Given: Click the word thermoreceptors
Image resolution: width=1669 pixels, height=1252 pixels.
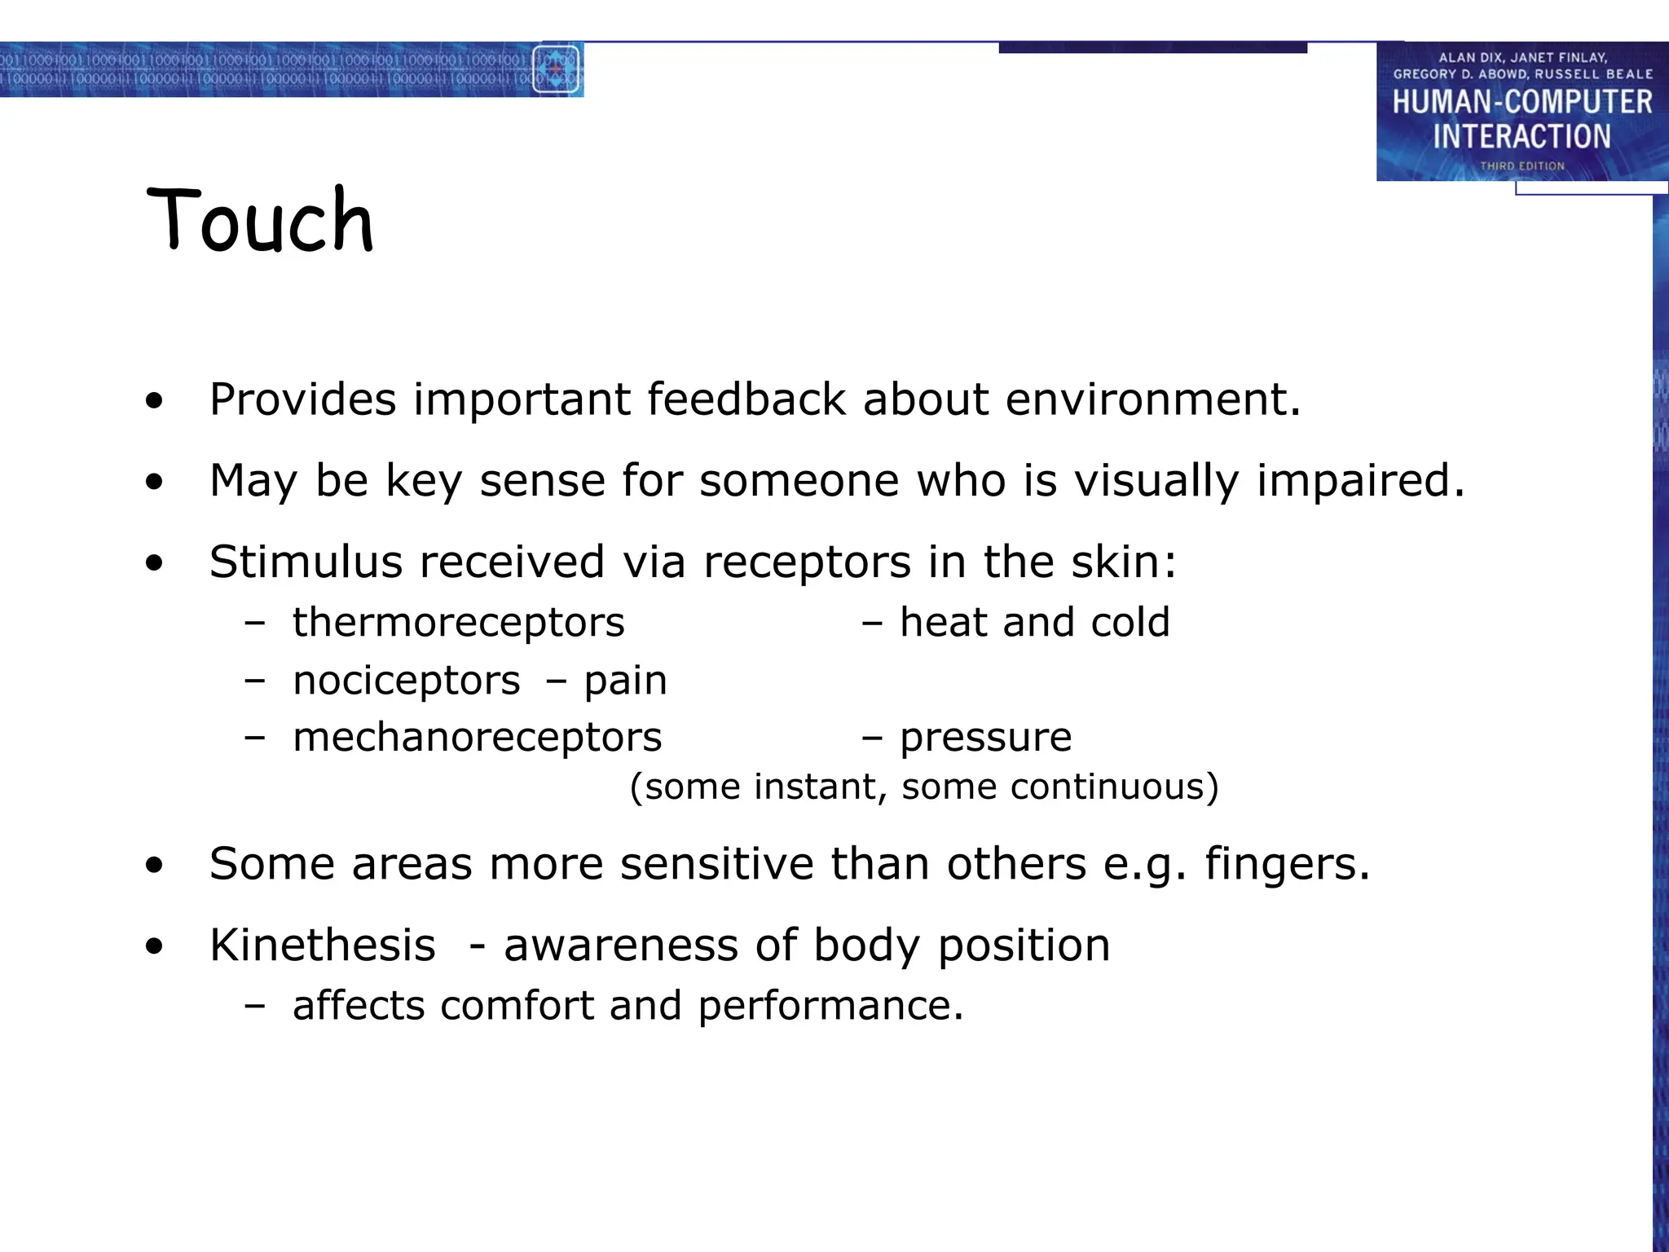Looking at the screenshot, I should pyautogui.click(x=458, y=623).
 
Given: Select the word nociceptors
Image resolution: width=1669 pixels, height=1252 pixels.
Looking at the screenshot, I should pyautogui.click(x=406, y=681).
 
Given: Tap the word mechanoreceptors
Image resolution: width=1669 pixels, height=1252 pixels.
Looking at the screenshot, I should pyautogui.click(x=477, y=738).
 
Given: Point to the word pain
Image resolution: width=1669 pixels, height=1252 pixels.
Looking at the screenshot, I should pyautogui.click(x=625, y=681).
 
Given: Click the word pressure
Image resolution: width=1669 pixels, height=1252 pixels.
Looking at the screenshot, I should pyautogui.click(x=985, y=738).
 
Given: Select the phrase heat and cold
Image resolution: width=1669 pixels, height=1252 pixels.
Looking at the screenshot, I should pyautogui.click(x=1034, y=623).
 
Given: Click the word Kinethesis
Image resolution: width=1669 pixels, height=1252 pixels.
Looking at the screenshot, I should pyautogui.click(x=322, y=946).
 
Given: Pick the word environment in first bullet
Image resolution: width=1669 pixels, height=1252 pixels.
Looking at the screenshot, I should pyautogui.click(x=1152, y=399).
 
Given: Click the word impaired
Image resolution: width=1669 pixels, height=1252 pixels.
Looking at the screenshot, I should pyautogui.click(x=1360, y=480).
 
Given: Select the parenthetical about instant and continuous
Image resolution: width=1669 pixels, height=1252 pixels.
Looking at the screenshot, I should pyautogui.click(x=923, y=787).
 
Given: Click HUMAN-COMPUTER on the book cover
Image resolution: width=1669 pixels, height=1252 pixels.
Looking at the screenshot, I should pyautogui.click(x=1521, y=103).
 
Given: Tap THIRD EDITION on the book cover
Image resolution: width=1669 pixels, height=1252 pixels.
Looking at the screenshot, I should pyautogui.click(x=1521, y=166).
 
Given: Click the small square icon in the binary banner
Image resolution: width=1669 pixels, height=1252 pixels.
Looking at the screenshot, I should pyautogui.click(x=557, y=69).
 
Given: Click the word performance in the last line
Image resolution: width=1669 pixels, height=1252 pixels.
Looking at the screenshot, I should pyautogui.click(x=830, y=1006).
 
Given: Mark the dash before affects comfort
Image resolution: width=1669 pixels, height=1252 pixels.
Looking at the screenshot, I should pyautogui.click(x=254, y=1006).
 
